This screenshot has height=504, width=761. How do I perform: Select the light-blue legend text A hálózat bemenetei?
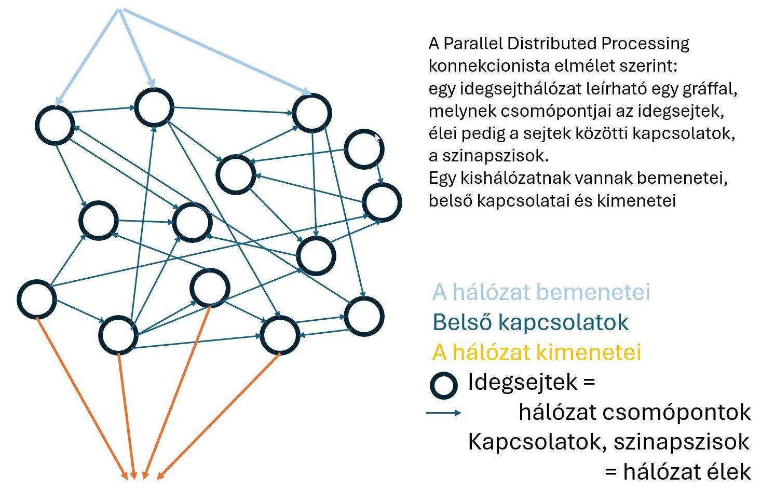click(541, 292)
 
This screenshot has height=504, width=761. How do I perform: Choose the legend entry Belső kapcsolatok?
click(530, 322)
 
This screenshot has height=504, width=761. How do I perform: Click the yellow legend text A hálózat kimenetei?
click(536, 352)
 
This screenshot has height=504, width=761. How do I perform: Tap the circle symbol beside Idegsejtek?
click(444, 386)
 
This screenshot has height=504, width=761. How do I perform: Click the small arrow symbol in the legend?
click(443, 413)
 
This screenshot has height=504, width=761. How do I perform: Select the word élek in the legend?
click(728, 472)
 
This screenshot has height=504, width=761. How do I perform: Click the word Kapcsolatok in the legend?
click(535, 442)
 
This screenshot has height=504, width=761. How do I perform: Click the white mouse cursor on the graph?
click(377, 138)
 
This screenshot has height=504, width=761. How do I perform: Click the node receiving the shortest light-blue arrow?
click(154, 107)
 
